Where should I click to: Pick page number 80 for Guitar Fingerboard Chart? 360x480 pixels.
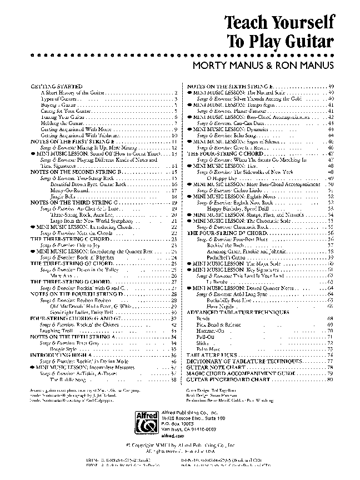tap(330, 379)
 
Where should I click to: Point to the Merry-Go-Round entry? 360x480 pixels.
tap(67, 190)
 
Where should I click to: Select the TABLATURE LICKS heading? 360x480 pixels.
tap(211, 355)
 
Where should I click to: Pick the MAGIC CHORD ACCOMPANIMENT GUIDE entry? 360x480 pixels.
tap(242, 374)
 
